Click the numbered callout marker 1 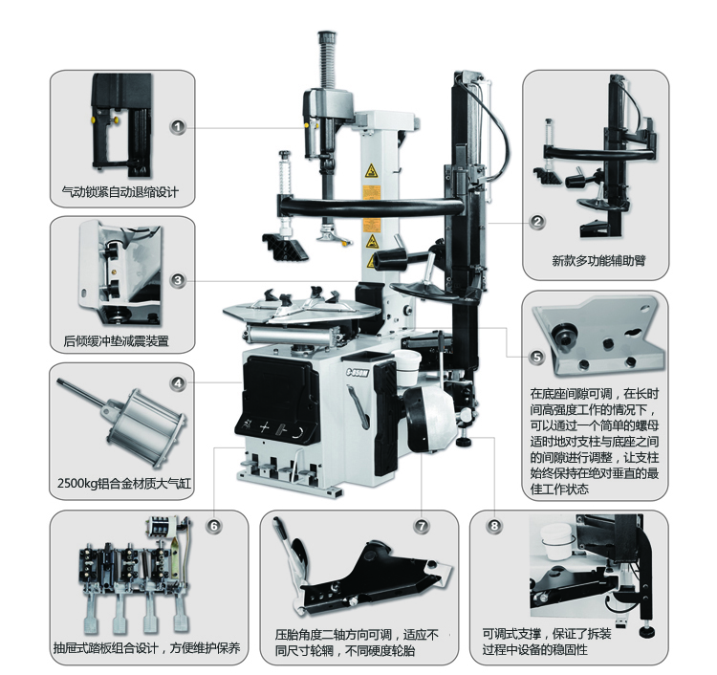pyautogui.click(x=179, y=126)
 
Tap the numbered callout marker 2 pyautogui.click(x=537, y=222)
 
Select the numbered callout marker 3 pyautogui.click(x=179, y=280)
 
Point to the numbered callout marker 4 pyautogui.click(x=178, y=384)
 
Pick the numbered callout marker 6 pyautogui.click(x=213, y=525)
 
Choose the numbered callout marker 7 pyautogui.click(x=422, y=525)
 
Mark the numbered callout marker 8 pyautogui.click(x=493, y=525)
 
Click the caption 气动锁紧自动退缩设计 pyautogui.click(x=120, y=192)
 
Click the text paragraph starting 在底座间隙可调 pyautogui.click(x=595, y=440)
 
